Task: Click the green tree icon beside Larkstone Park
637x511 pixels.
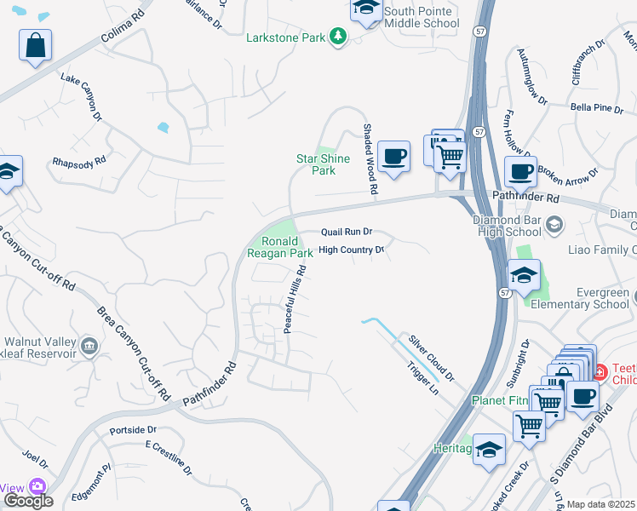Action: click(339, 37)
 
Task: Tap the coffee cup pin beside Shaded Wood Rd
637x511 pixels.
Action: click(393, 157)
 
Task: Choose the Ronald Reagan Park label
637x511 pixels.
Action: click(280, 247)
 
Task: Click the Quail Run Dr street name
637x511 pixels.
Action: click(347, 232)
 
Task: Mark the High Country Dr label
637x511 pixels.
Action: click(352, 250)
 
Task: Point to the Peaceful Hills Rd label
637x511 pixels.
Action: click(295, 298)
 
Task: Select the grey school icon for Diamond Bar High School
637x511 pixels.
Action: click(554, 224)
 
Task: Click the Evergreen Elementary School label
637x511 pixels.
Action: click(579, 298)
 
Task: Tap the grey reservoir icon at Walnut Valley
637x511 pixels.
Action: click(89, 346)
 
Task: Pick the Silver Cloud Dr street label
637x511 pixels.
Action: click(432, 357)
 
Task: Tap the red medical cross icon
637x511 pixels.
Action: click(599, 371)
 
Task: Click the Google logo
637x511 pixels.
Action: click(28, 500)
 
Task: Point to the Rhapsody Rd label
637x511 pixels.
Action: click(78, 160)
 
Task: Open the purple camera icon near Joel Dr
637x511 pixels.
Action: click(37, 486)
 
